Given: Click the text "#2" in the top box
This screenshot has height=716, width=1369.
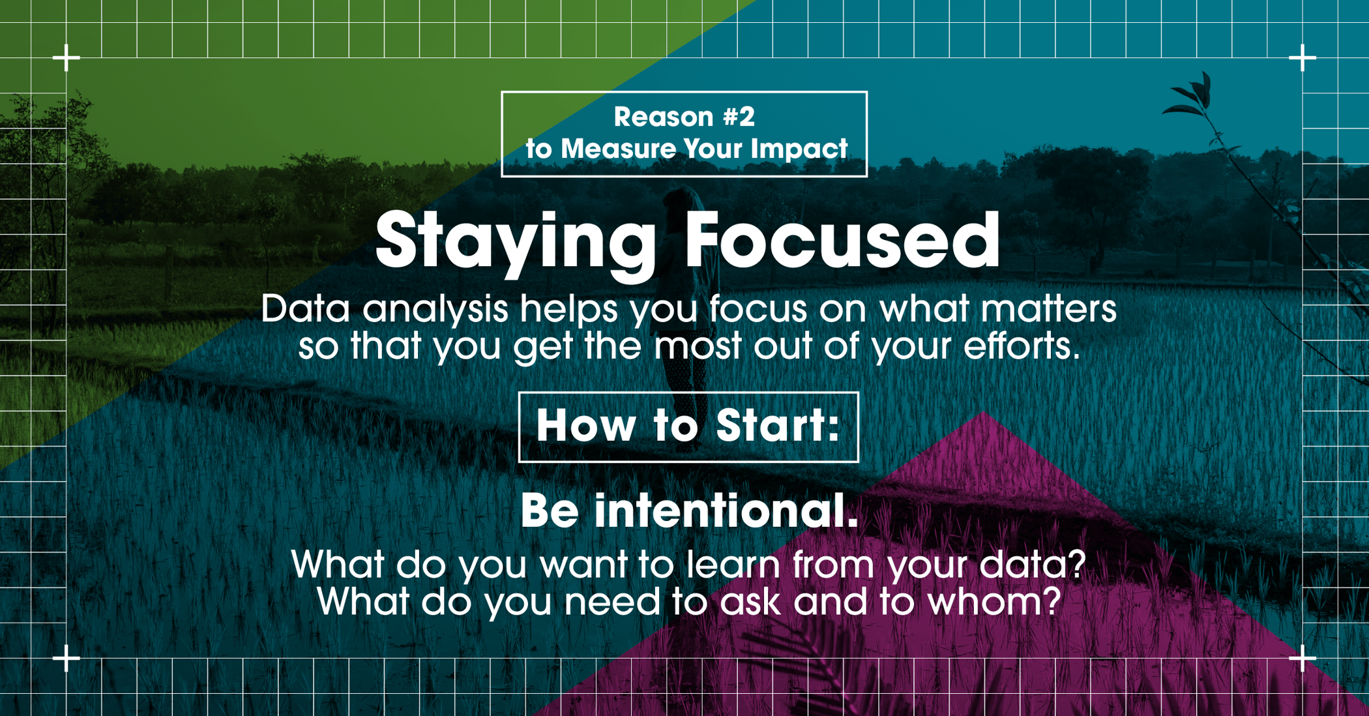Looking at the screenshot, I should point(739,117).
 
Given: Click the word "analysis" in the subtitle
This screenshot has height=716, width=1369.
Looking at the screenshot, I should point(435,309).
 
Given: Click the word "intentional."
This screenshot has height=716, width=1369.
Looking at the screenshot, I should point(726,511).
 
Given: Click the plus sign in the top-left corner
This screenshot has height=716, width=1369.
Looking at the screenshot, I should point(66,58).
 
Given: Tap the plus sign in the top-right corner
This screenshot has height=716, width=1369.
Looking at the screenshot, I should point(1303,58).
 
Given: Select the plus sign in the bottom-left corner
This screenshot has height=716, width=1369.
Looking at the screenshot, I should point(66,659).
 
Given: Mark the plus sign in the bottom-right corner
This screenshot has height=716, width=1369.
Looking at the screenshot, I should point(1303,659).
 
